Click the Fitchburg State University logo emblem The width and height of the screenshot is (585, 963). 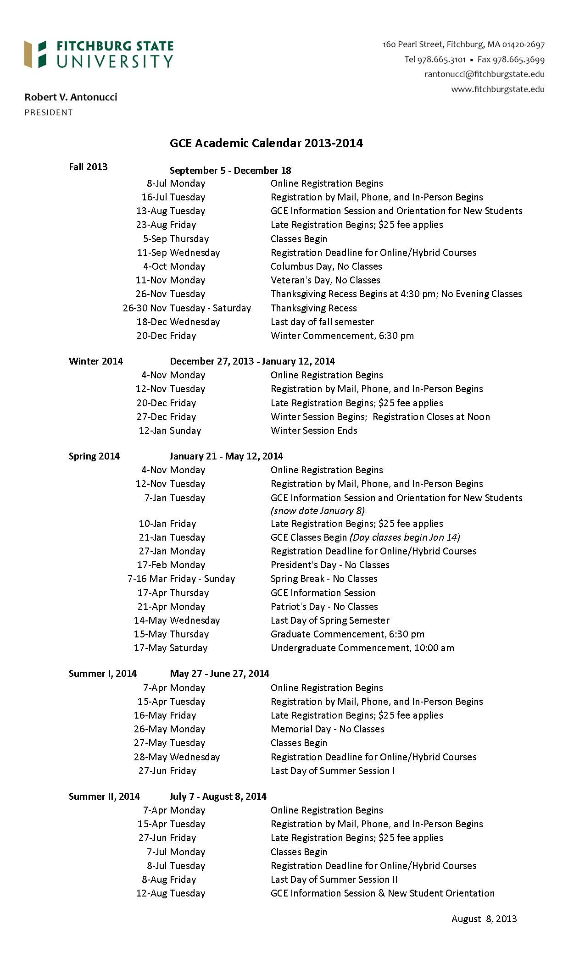(35, 54)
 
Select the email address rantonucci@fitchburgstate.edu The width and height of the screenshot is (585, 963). (484, 74)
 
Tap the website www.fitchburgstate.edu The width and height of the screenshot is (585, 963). (497, 89)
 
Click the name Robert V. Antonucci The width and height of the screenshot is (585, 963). (71, 97)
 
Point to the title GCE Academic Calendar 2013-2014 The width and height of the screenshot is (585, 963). (266, 144)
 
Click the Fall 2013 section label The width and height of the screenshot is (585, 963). (88, 167)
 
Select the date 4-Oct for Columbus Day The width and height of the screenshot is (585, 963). (155, 266)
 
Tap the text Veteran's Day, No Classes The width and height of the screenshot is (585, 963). (325, 280)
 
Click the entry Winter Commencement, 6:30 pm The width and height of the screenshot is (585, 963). (342, 336)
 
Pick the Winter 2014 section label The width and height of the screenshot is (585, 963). (95, 361)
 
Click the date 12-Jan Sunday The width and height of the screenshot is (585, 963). (170, 431)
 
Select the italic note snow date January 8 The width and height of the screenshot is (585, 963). (318, 511)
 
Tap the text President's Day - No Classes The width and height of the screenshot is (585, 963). (329, 565)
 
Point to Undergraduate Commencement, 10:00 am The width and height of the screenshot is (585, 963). (362, 648)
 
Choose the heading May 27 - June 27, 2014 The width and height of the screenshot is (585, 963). (219, 674)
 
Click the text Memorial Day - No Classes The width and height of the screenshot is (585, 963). (327, 729)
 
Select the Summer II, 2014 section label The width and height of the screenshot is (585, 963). (104, 797)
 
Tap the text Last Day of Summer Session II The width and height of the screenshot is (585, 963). (334, 880)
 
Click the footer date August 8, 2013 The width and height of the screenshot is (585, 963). (484, 919)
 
